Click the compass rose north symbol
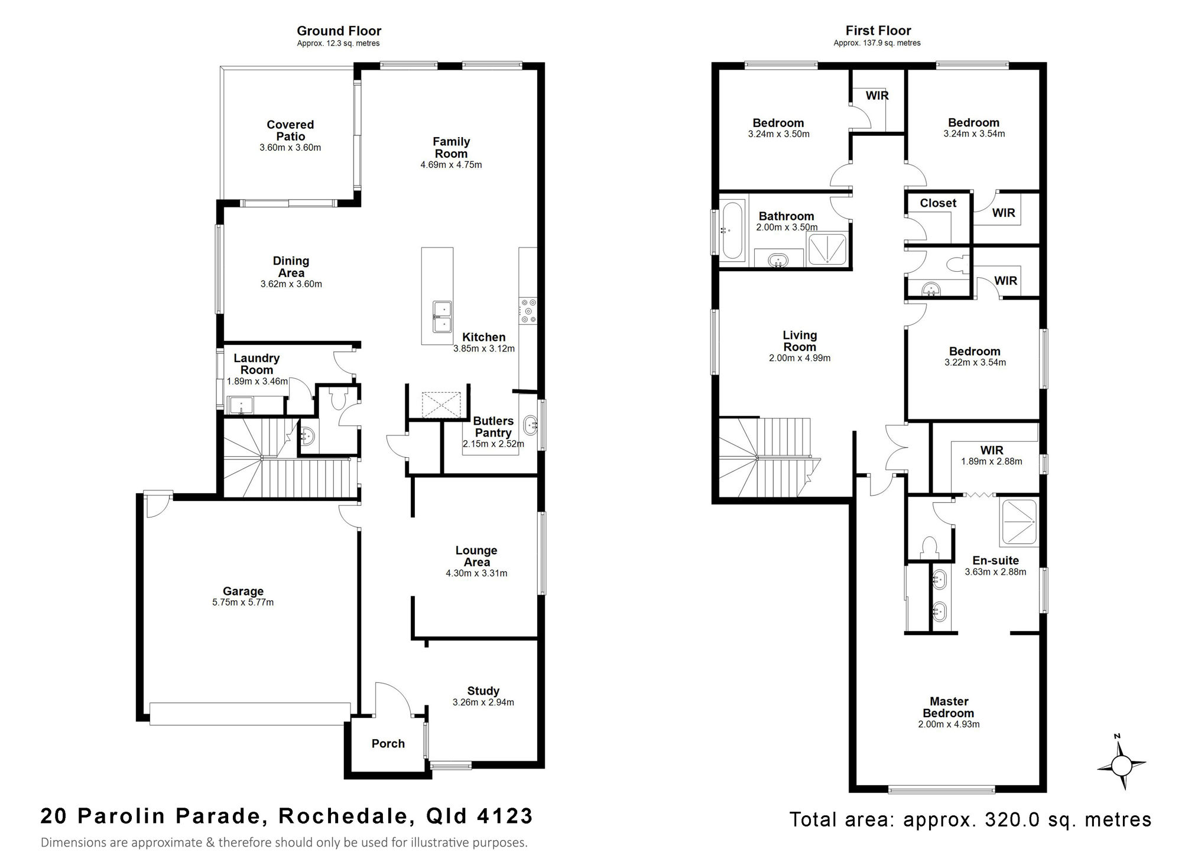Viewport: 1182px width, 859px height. tap(1121, 766)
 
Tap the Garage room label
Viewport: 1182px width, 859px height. tap(243, 591)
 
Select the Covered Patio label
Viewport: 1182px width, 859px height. tap(290, 131)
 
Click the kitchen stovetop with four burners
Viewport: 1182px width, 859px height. tap(528, 310)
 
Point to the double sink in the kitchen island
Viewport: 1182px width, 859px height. tap(441, 317)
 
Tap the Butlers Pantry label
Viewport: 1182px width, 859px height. tap(493, 427)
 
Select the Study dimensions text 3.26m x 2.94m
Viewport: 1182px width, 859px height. tap(483, 702)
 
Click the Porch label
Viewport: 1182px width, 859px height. tap(388, 744)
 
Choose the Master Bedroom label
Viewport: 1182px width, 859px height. tap(949, 707)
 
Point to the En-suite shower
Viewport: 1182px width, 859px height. tap(1019, 523)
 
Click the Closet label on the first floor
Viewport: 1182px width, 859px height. tap(938, 203)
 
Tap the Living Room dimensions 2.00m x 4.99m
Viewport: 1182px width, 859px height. tap(800, 358)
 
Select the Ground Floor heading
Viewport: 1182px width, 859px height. tap(339, 31)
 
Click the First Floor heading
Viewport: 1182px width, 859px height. tap(878, 31)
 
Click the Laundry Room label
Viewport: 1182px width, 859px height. tap(256, 364)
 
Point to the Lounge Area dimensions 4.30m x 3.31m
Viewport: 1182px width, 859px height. tap(476, 573)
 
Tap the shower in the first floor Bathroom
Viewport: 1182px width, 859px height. tap(827, 249)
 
